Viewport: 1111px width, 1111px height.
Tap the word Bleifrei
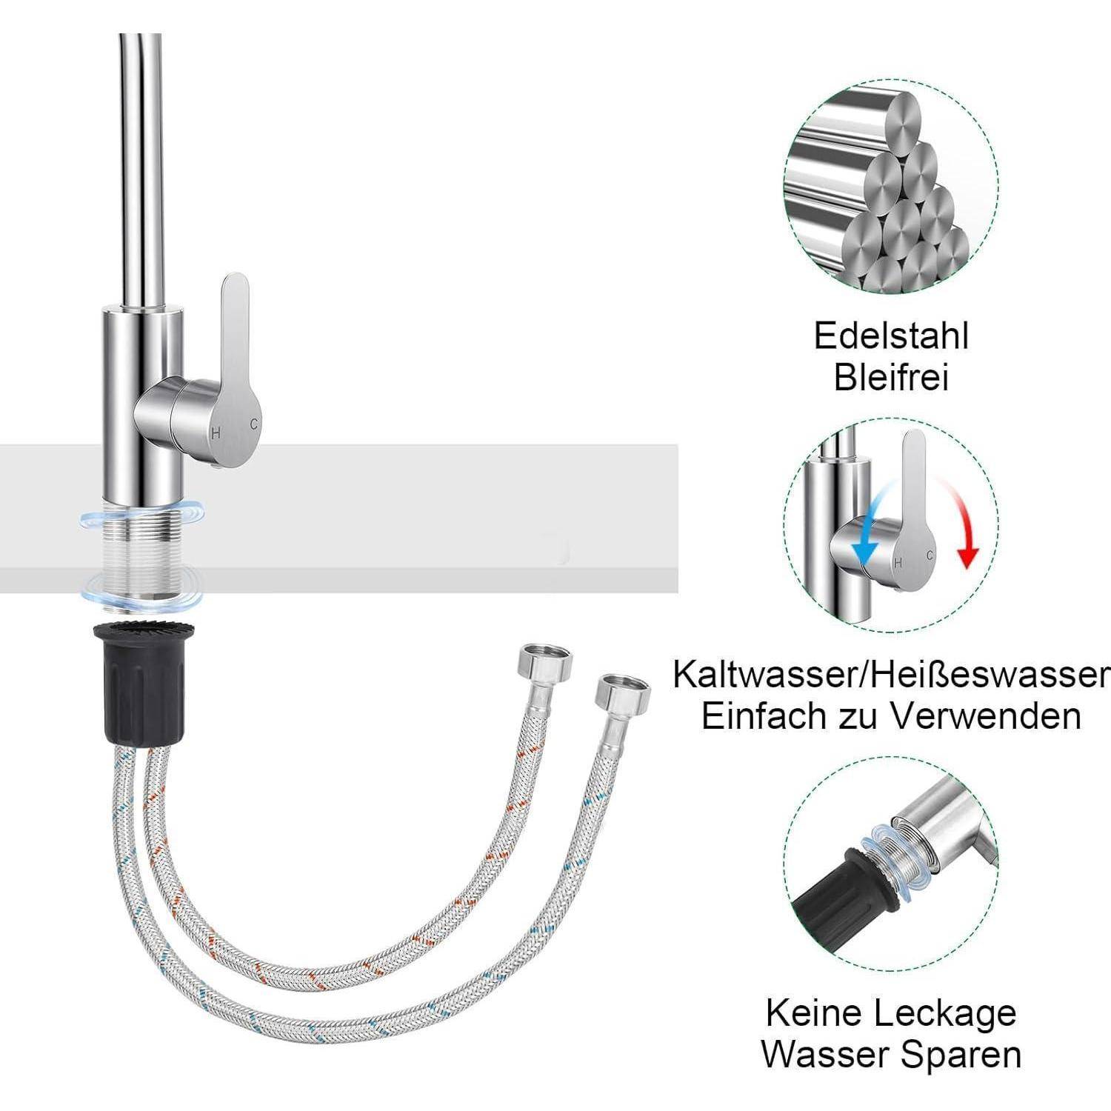[x=891, y=378]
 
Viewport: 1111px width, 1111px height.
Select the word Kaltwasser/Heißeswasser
[x=891, y=675]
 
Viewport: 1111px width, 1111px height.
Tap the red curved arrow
[x=963, y=526]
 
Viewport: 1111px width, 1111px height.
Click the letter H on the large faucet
[x=216, y=433]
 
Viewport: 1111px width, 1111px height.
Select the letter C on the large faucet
[x=254, y=424]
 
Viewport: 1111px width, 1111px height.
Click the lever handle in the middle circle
[x=915, y=504]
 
